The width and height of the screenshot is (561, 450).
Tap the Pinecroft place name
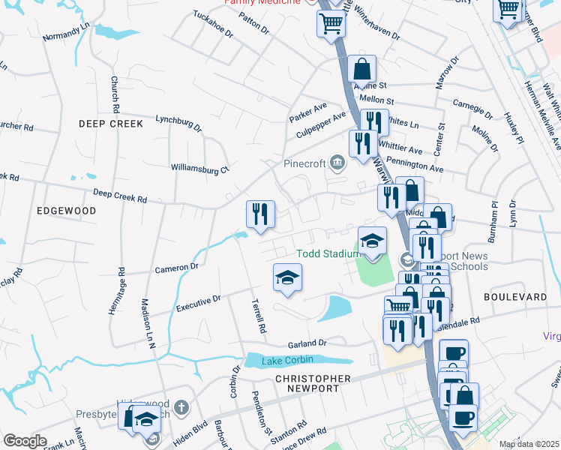tap(304, 161)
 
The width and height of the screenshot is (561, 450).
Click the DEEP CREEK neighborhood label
tap(106, 121)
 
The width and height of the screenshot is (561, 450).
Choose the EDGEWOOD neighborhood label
tap(67, 211)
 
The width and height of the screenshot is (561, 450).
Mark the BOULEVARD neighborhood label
tap(515, 297)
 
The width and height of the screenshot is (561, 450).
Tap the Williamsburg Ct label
tap(199, 169)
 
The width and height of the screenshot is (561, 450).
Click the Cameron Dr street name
tap(176, 267)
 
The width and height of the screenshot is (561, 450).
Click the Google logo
tap(25, 441)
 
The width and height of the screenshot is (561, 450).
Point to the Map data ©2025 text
tap(529, 444)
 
